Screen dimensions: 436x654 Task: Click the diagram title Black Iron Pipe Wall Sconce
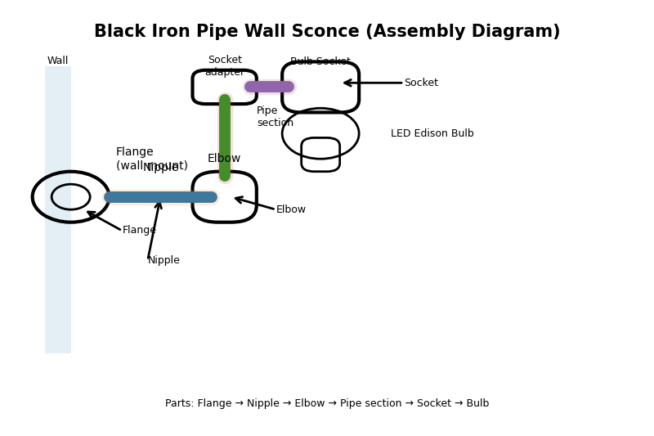pos(326,32)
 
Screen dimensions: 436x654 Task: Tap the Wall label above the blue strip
pos(58,61)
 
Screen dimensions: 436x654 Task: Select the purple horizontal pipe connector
pos(269,87)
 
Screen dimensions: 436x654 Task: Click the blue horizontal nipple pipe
pos(160,197)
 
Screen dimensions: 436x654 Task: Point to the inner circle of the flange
pos(71,197)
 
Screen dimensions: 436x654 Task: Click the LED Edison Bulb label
pos(432,133)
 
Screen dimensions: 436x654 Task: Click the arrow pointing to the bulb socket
pos(372,83)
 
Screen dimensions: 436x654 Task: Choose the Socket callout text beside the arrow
pos(421,83)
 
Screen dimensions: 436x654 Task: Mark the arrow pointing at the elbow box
pos(254,203)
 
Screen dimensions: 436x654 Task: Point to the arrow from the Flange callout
pos(104,221)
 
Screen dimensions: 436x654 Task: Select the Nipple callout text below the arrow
pos(163,260)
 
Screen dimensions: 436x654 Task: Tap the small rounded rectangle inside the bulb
pos(320,155)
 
